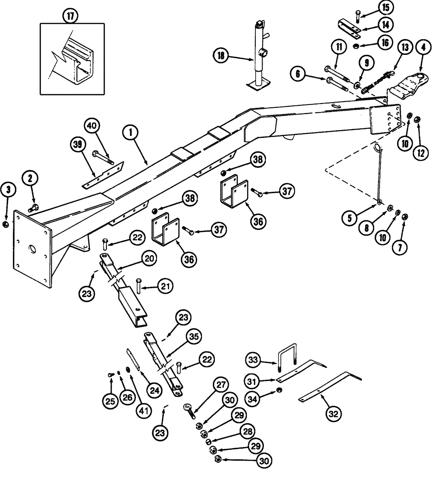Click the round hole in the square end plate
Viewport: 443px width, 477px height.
click(x=32, y=249)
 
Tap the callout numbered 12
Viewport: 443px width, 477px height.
click(x=422, y=153)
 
